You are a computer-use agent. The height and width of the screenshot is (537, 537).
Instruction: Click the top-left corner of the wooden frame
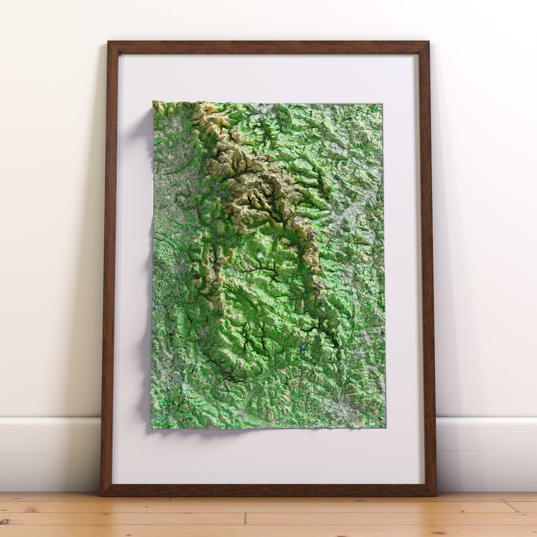tap(108, 42)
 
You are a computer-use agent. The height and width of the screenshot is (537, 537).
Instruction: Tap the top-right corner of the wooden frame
tap(429, 42)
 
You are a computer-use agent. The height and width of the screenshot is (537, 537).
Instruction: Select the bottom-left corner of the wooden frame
tap(101, 495)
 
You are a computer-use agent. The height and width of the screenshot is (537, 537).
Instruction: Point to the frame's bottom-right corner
tap(436, 495)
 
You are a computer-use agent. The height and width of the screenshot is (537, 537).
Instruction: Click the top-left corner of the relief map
tap(153, 102)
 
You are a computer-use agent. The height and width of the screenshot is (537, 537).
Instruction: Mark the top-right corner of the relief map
tap(382, 104)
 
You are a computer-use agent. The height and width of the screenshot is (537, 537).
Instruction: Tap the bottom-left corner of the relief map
tap(151, 428)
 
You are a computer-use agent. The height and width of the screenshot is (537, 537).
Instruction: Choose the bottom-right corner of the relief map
tap(385, 427)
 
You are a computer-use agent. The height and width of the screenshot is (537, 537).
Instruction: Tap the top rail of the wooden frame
tap(268, 48)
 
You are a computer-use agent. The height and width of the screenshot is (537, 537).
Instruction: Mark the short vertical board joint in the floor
tap(245, 519)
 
